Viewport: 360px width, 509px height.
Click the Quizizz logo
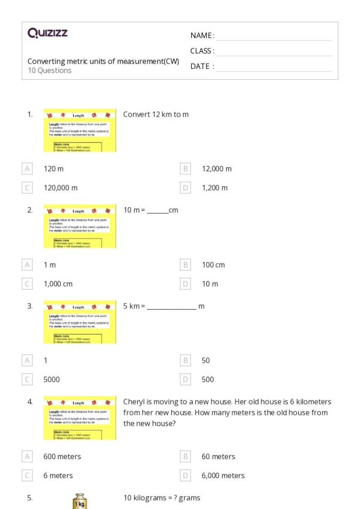(47, 33)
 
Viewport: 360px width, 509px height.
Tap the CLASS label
(202, 51)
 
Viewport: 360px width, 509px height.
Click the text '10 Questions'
(49, 70)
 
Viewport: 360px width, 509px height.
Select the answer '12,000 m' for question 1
(217, 169)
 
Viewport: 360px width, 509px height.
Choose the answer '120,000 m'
(61, 188)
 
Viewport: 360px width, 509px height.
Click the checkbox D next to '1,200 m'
(186, 188)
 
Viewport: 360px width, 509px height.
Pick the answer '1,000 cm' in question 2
(58, 284)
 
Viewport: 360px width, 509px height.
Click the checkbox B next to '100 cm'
(186, 265)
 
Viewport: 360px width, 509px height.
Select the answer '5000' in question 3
(51, 379)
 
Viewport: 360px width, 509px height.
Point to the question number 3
(30, 306)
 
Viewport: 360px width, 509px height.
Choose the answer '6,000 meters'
(223, 476)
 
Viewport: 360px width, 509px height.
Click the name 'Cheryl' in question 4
(135, 402)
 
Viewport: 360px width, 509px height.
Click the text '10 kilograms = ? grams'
(161, 498)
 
